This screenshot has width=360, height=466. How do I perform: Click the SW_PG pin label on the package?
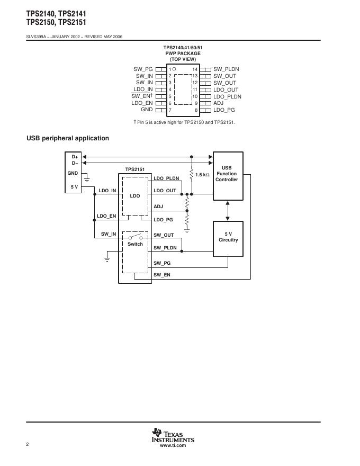pyautogui.click(x=143, y=69)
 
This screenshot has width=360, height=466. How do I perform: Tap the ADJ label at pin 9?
pyautogui.click(x=218, y=103)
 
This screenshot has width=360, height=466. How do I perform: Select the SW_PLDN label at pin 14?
pyautogui.click(x=226, y=69)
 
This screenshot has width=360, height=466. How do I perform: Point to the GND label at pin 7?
pyautogui.click(x=147, y=109)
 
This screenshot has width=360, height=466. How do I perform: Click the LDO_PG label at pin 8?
pyautogui.click(x=224, y=110)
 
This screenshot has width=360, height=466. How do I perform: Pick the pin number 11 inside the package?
pyautogui.click(x=195, y=89)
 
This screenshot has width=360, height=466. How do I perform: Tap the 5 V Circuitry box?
pyautogui.click(x=228, y=237)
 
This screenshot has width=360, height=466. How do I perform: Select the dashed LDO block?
pyautogui.click(x=136, y=196)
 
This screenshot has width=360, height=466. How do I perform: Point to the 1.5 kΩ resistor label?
pyautogui.click(x=202, y=175)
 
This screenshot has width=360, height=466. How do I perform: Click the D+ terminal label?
pyautogui.click(x=75, y=157)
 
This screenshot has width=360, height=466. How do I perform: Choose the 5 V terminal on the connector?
pyautogui.click(x=75, y=186)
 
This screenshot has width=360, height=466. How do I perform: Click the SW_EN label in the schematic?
pyautogui.click(x=162, y=275)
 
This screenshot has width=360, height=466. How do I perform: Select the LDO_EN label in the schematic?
pyautogui.click(x=106, y=216)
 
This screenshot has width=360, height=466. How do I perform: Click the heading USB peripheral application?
pyautogui.click(x=68, y=138)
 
